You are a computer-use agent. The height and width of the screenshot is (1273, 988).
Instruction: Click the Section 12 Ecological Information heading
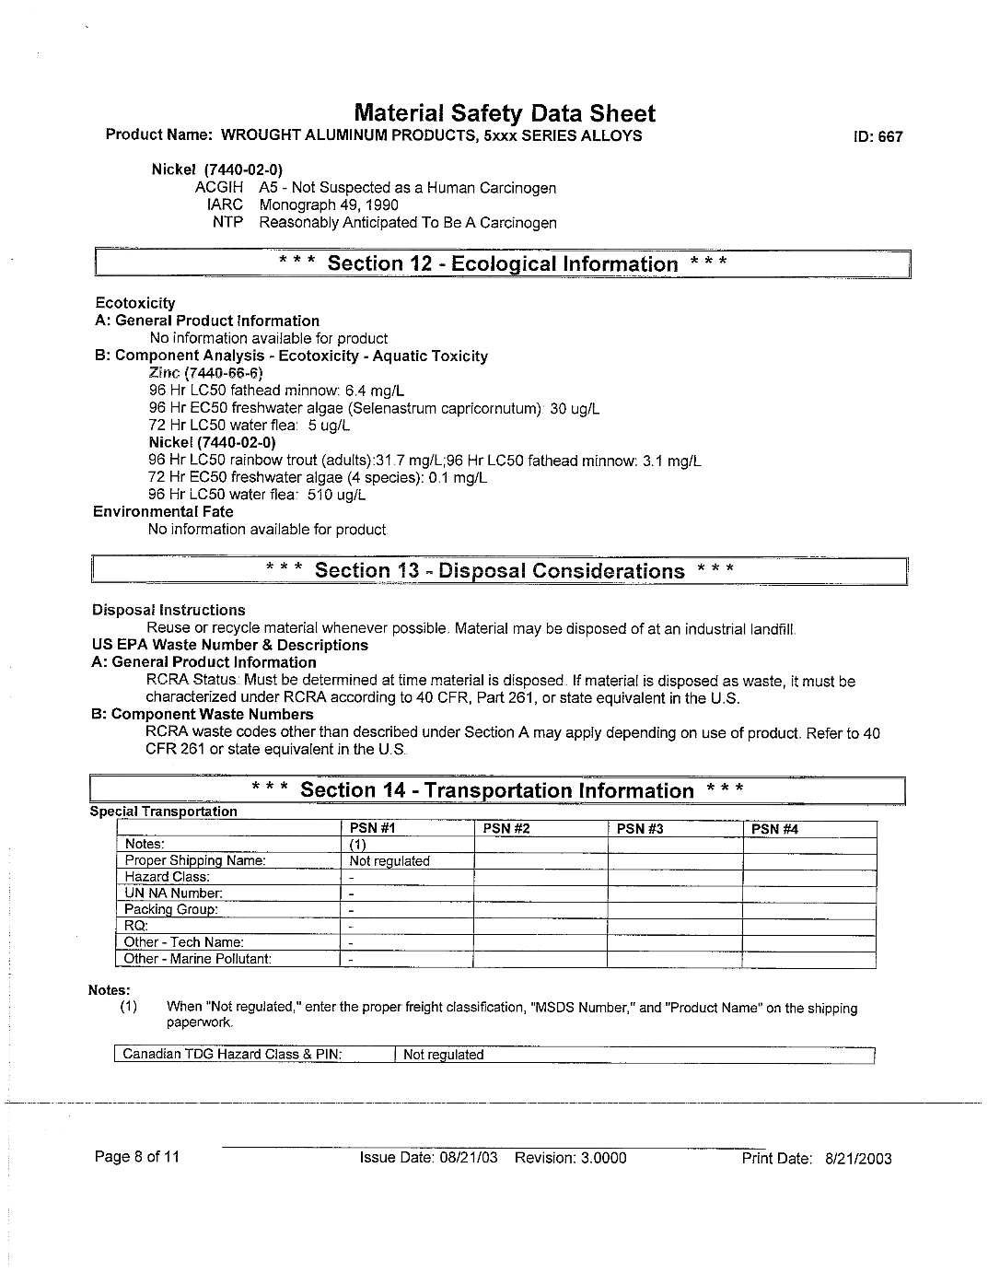pos(503,264)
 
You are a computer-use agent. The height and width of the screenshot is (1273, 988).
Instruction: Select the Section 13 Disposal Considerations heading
pos(499,571)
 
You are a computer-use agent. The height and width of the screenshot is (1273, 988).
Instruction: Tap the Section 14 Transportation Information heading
pos(497,790)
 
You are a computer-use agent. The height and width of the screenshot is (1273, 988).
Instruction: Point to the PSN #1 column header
pos(372,829)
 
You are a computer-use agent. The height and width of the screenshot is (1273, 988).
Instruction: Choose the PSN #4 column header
pos(774,829)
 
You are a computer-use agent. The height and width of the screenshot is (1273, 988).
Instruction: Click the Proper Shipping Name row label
pos(195,860)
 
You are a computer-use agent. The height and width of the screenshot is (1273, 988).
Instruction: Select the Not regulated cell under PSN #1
pos(389,861)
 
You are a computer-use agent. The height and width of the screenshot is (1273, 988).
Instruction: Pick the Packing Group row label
pos(171,909)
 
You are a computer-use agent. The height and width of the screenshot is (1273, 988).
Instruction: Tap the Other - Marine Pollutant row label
pos(198,959)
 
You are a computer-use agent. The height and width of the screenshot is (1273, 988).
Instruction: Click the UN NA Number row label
pos(174,893)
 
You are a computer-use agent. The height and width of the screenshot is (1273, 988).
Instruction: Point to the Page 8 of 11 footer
pos(137,1157)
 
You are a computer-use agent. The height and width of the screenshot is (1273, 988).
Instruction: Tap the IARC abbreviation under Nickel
pos(225,205)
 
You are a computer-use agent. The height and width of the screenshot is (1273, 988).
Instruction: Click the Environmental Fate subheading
pos(163,512)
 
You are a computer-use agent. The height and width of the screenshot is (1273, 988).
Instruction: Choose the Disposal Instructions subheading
pos(169,610)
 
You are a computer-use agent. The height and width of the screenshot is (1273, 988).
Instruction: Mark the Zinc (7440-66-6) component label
pos(205,373)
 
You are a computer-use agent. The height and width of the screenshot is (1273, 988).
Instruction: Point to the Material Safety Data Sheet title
pos(505,114)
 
